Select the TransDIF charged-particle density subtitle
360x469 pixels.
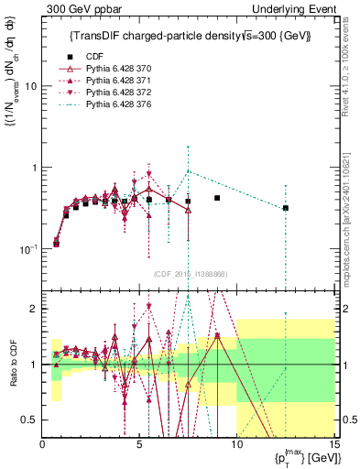click(x=191, y=37)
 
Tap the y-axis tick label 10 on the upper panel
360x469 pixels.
click(x=31, y=86)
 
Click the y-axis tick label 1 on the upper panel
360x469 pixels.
click(x=34, y=168)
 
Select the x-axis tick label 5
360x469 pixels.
click(x=139, y=444)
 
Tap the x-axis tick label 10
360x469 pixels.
click(x=236, y=444)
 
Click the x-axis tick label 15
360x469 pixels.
click(x=333, y=444)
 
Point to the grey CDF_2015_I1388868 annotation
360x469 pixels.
click(x=189, y=274)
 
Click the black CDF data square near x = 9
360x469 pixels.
click(x=217, y=198)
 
